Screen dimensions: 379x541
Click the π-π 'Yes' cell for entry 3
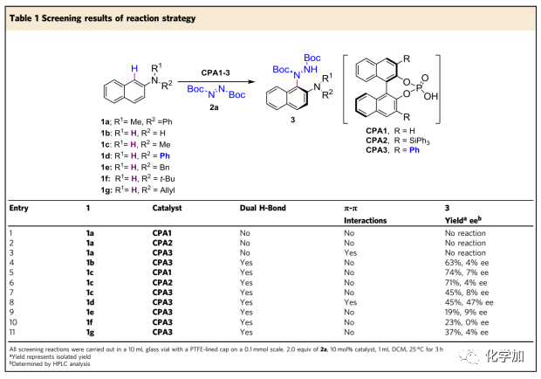[349, 251]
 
